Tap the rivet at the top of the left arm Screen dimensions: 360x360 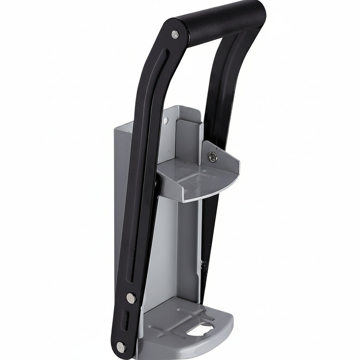click(174, 34)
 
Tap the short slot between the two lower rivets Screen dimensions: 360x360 click(126, 322)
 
